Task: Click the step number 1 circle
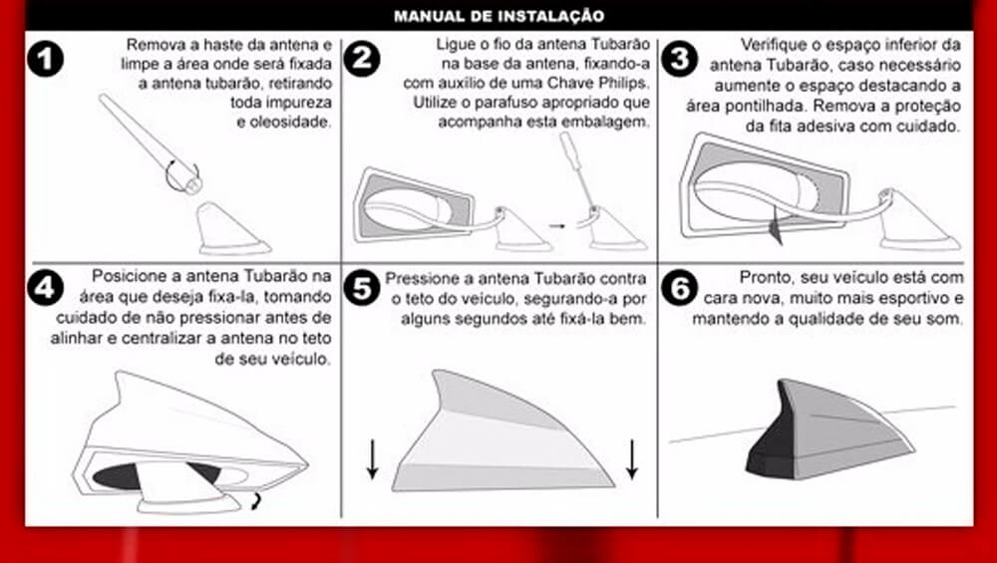coord(45,59)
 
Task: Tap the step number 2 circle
coord(362,59)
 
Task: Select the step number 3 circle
coord(679,59)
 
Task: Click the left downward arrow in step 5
coord(373,458)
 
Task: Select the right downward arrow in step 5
coord(631,458)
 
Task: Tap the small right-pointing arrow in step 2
coord(557,225)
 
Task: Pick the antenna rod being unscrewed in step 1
coord(151,143)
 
